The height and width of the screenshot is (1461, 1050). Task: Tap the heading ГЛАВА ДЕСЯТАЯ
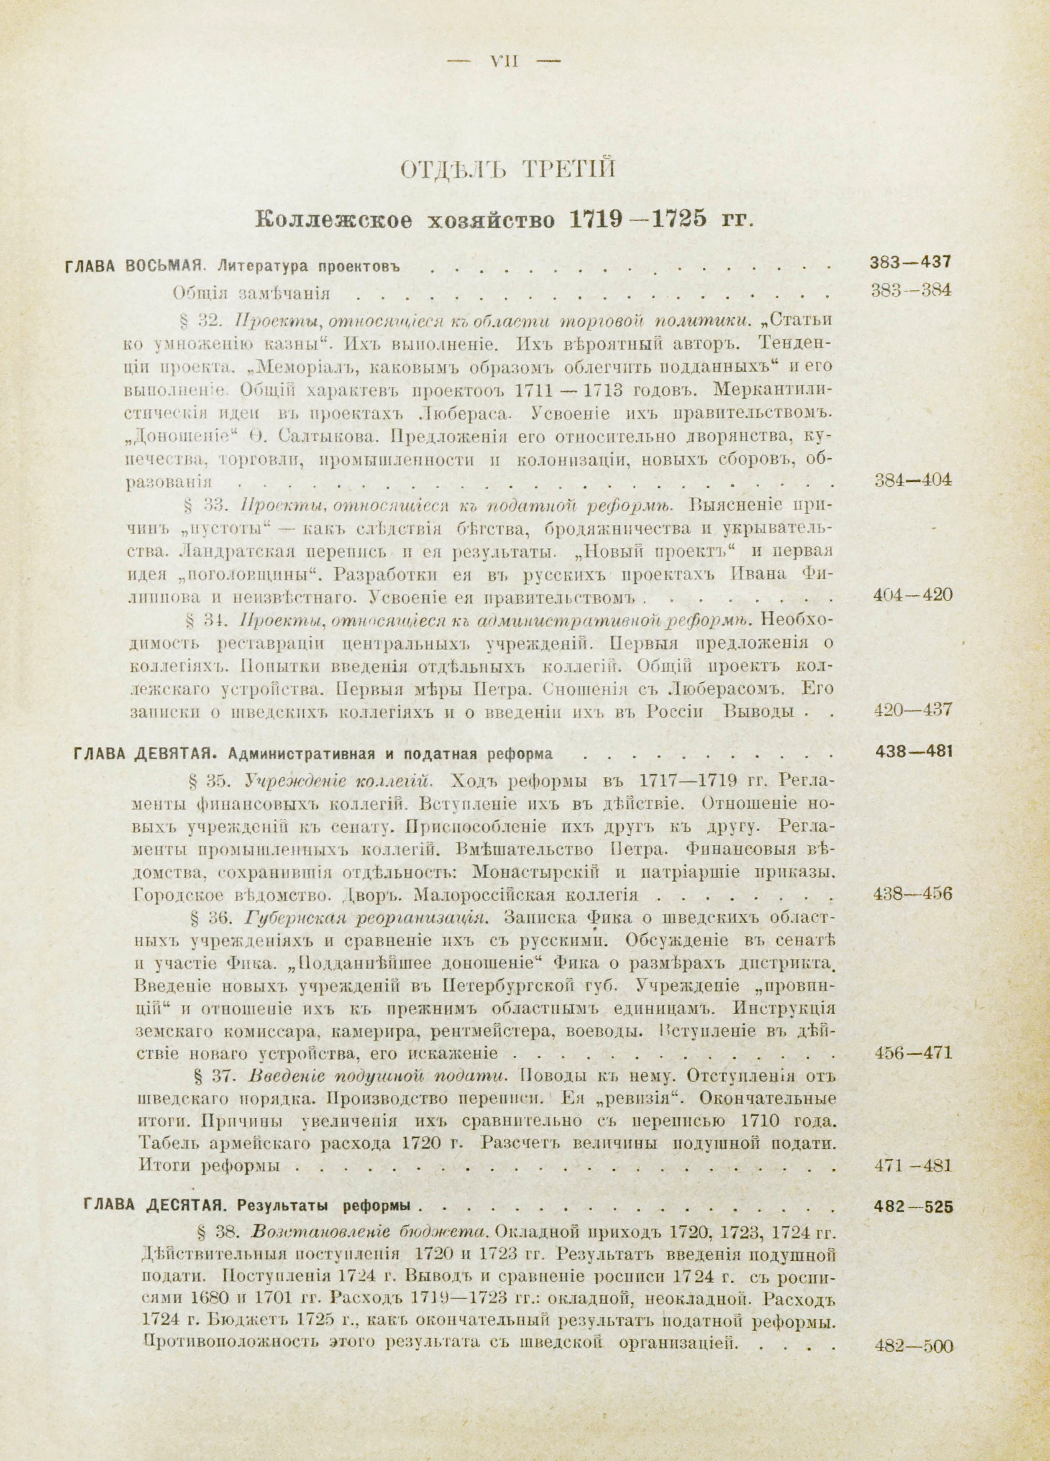pyautogui.click(x=154, y=1206)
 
